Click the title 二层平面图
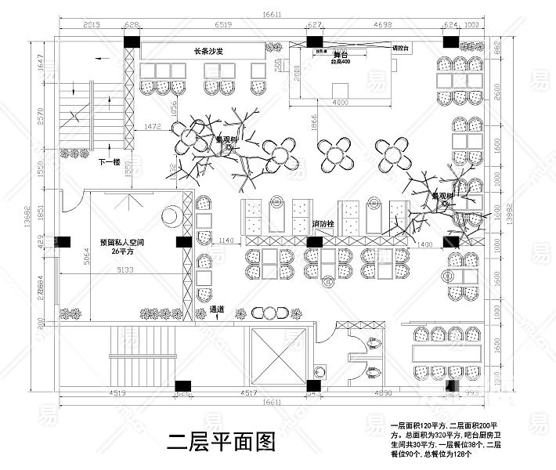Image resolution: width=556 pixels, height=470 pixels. pos(222,443)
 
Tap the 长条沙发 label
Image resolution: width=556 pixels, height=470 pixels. pos(209,52)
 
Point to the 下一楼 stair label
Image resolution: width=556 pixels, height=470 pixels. pos(109,162)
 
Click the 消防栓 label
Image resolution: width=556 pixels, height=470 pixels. pos(323,225)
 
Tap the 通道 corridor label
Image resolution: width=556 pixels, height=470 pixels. pos(217,309)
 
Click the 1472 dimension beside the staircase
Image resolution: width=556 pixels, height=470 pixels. pos(153,125)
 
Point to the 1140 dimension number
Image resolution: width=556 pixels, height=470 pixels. pos(226,240)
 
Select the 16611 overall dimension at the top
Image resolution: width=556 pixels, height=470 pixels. pos(273,14)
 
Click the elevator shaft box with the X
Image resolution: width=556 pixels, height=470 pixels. pos(280,357)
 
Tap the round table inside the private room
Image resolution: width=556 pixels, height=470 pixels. pos(170,216)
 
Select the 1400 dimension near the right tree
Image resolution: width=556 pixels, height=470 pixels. pos(424,246)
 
